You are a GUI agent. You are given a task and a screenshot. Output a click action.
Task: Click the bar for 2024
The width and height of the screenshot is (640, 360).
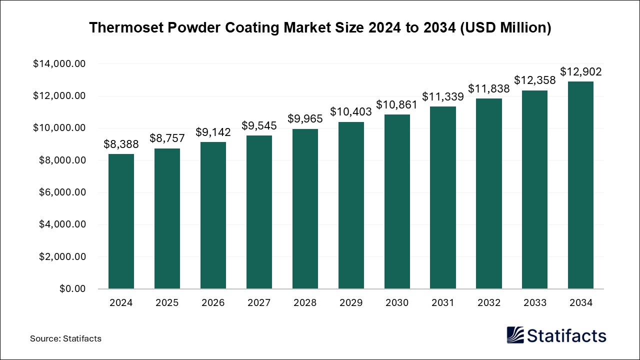[121, 221]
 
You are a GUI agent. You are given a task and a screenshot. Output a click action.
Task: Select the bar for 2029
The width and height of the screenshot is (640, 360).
[351, 205]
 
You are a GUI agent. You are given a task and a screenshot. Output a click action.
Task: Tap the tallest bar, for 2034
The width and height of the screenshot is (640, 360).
[580, 185]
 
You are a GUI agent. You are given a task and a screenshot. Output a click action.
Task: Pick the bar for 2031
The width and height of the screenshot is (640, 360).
[443, 197]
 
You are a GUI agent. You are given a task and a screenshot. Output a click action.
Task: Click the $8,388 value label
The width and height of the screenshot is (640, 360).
[121, 144]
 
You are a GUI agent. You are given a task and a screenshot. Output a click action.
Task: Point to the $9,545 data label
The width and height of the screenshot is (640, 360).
[259, 126]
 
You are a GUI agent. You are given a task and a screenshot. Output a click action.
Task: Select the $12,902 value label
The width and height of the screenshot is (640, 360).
[580, 72]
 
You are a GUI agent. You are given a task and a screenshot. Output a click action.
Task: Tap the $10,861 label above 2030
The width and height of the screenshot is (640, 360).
[397, 105]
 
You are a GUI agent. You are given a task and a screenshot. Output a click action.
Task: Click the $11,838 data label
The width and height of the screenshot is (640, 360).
[489, 89]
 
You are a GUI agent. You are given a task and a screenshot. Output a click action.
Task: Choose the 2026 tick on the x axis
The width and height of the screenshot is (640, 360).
[213, 302]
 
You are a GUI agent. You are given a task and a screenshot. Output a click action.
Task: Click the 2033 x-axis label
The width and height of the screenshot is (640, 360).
[534, 302]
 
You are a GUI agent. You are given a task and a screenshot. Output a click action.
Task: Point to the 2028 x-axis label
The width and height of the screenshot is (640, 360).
[305, 302]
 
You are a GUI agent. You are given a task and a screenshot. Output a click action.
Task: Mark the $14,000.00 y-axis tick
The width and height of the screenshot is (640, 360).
[59, 64]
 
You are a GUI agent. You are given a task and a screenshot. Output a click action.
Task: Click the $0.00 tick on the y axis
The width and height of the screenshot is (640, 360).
[72, 289]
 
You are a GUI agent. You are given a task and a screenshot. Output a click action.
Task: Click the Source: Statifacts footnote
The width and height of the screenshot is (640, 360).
[65, 338]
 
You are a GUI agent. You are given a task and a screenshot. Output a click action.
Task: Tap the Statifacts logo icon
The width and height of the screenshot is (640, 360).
[516, 335]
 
